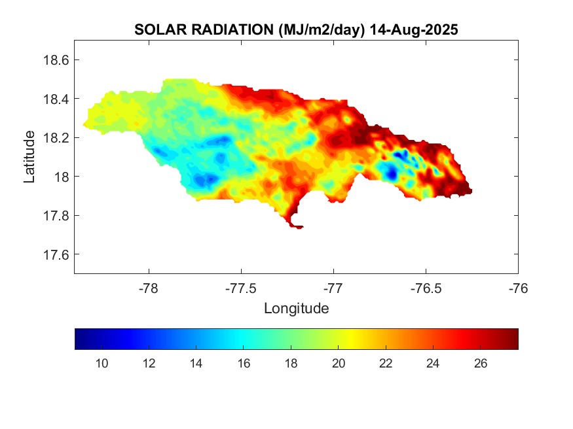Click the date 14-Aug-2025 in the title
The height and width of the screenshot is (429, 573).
coord(413,30)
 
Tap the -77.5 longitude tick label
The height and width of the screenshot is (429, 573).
coord(241,288)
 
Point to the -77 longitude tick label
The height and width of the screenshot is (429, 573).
coord(333,288)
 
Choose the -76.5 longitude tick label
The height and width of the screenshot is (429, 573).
coord(426,288)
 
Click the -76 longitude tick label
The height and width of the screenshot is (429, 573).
coord(518,288)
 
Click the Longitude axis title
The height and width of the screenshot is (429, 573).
coord(296,308)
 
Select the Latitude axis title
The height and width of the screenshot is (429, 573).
coord(29,156)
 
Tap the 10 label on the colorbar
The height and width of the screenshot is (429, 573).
coord(102,364)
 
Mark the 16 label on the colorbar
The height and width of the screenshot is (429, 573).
coord(244,364)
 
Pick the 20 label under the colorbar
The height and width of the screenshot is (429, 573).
coord(338,364)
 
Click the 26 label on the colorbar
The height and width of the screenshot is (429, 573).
coord(480,364)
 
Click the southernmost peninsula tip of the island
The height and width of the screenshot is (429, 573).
coord(298,227)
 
